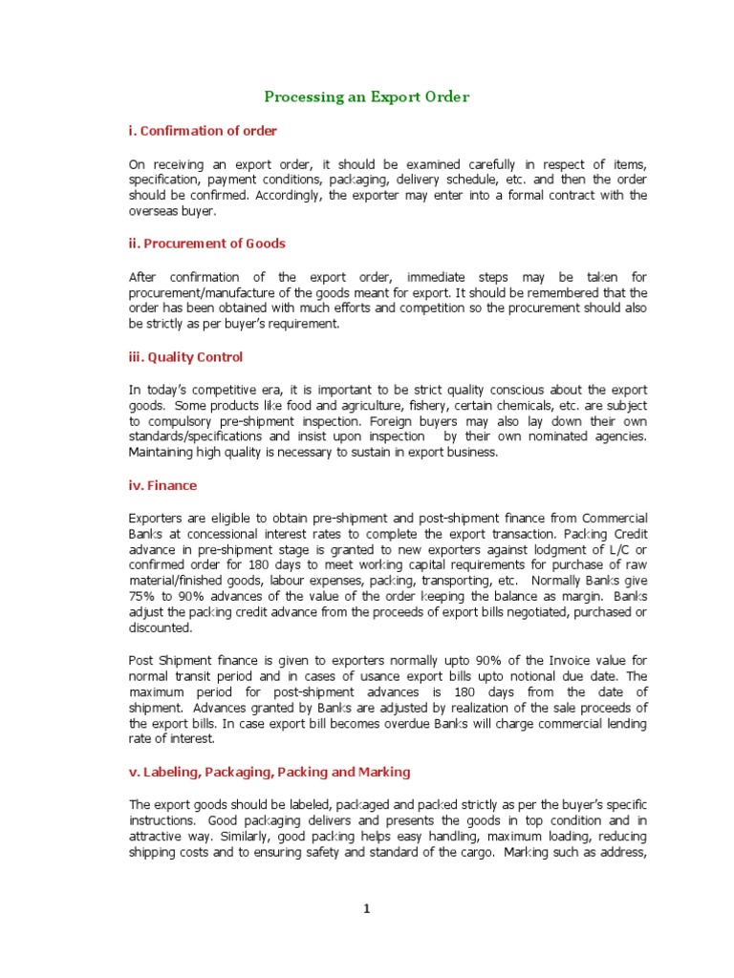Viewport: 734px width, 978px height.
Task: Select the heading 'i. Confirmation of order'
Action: (203, 131)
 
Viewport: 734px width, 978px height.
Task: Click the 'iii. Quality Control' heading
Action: (185, 357)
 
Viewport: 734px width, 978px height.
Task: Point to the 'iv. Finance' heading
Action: (162, 485)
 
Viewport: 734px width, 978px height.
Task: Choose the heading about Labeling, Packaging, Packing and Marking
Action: (270, 772)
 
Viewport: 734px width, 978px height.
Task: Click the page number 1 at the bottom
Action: (366, 910)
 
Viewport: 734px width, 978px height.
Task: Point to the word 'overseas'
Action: (152, 211)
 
